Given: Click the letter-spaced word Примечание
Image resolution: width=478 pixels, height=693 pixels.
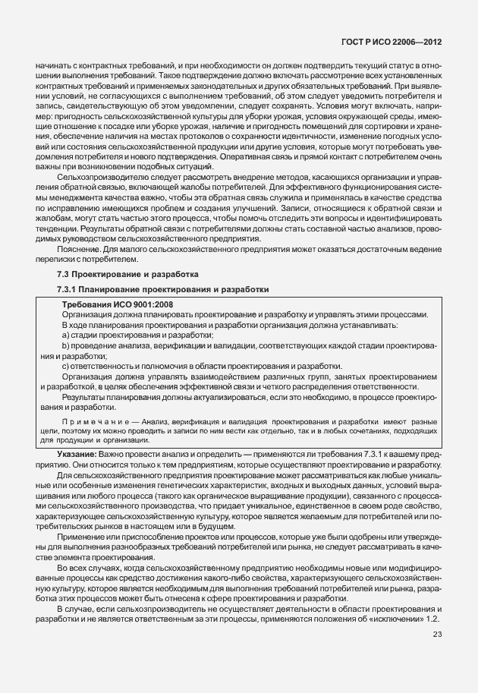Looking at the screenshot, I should (91, 421).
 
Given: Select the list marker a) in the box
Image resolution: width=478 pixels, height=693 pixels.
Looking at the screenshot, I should (66, 335).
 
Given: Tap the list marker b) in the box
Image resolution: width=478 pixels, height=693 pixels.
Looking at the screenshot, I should (66, 345).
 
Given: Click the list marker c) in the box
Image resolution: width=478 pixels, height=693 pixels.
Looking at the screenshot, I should (66, 367).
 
